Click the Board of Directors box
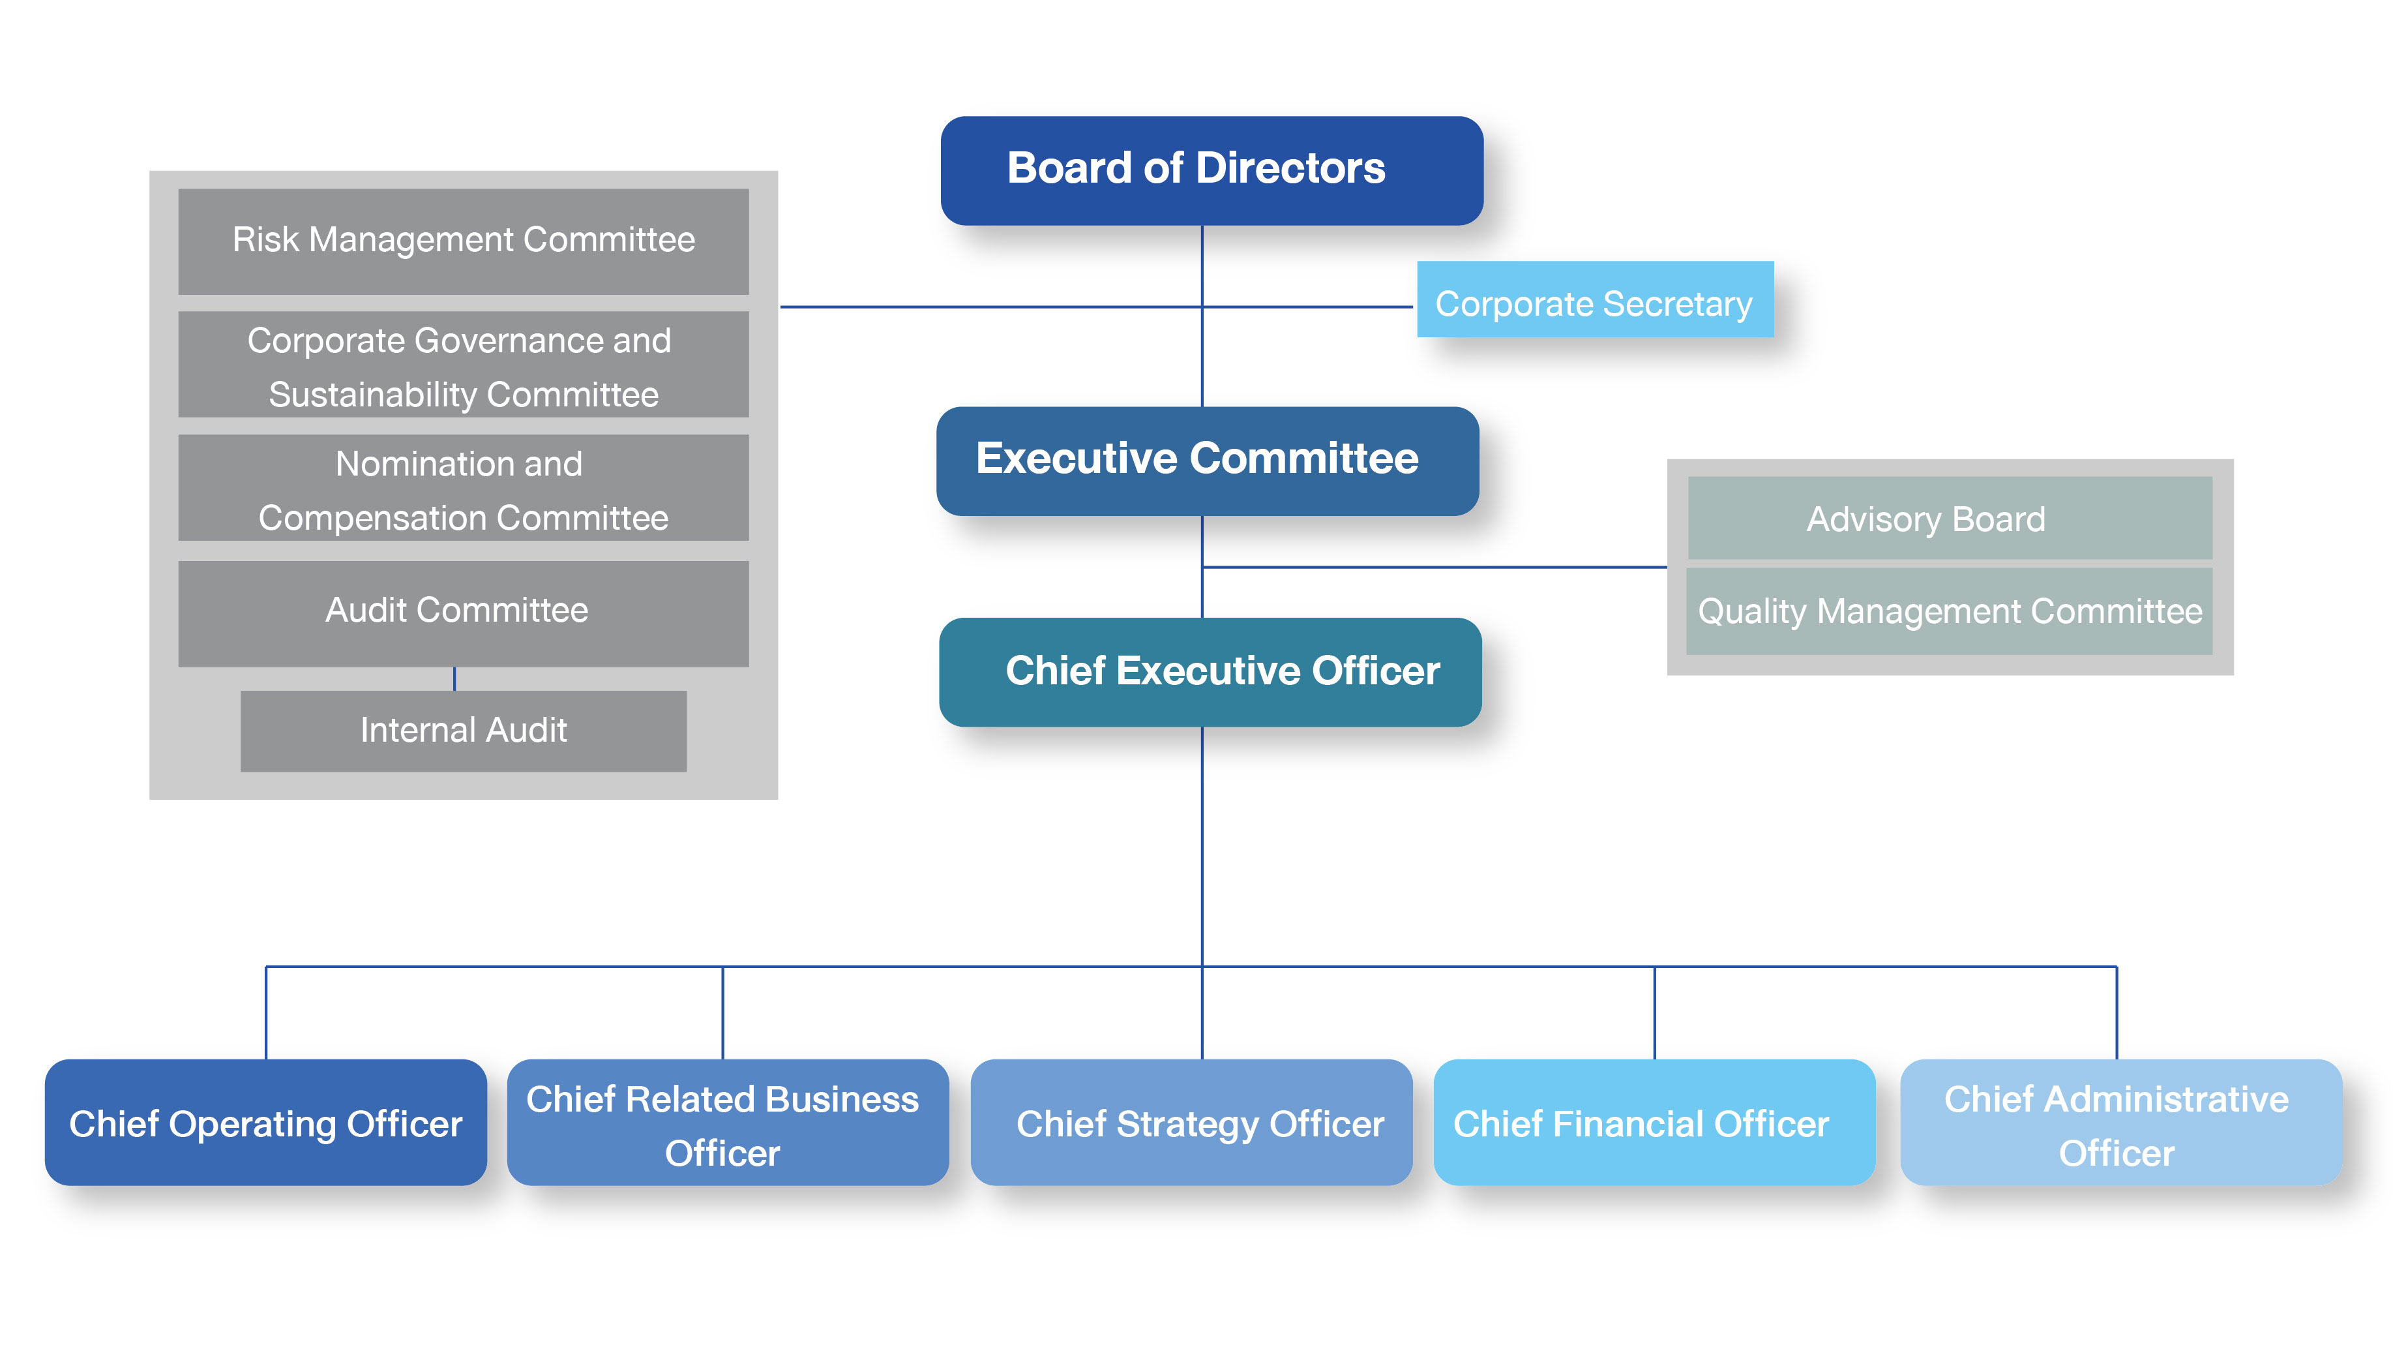[1211, 171]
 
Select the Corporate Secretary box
[1594, 300]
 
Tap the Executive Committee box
[1207, 461]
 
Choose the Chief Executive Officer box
[1210, 672]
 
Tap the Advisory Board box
[1949, 519]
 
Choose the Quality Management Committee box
[1949, 611]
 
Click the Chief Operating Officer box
[265, 1123]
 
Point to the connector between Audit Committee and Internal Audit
[454, 678]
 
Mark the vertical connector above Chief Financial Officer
[1654, 1013]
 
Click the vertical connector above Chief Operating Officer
[267, 1013]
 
